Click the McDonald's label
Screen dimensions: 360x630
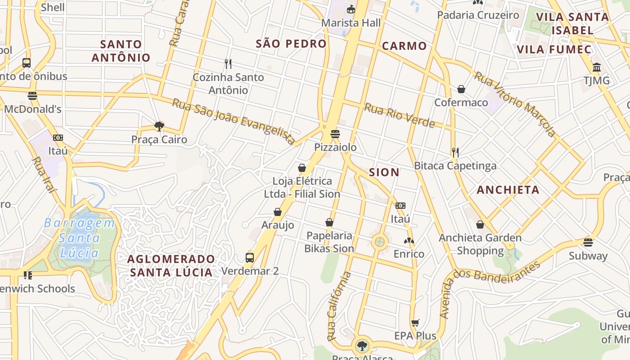pyautogui.click(x=32, y=109)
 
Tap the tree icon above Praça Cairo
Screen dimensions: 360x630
pyautogui.click(x=159, y=126)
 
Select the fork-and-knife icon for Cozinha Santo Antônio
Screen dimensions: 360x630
pyautogui.click(x=228, y=64)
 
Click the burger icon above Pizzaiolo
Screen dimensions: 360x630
pyautogui.click(x=335, y=134)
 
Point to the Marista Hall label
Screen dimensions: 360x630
pyautogui.click(x=351, y=22)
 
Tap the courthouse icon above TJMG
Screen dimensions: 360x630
pyautogui.click(x=597, y=67)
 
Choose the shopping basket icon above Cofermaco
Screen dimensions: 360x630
pyautogui.click(x=461, y=89)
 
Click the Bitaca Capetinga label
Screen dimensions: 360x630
pyautogui.click(x=455, y=166)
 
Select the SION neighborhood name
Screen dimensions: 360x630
pyautogui.click(x=384, y=172)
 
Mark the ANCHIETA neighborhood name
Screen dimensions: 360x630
pyautogui.click(x=508, y=190)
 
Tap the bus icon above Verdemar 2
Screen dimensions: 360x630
pyautogui.click(x=250, y=258)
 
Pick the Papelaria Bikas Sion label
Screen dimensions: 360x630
pyautogui.click(x=329, y=242)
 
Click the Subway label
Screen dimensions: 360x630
pyautogui.click(x=588, y=256)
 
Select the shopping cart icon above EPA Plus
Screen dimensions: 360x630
pyautogui.click(x=415, y=323)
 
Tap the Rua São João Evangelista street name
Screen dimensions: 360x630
pyautogui.click(x=234, y=121)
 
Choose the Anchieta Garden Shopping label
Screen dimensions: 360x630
pyautogui.click(x=480, y=244)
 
